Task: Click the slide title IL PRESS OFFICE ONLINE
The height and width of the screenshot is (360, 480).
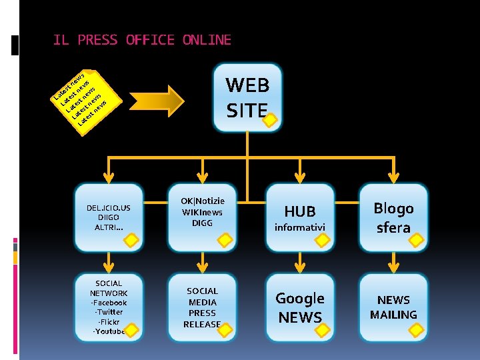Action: tap(142, 40)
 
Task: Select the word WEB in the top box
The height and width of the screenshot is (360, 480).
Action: tap(247, 85)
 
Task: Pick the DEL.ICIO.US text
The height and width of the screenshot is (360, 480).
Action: tap(109, 208)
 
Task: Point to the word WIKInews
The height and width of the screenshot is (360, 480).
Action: tap(202, 212)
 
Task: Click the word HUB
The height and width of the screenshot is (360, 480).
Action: tap(300, 211)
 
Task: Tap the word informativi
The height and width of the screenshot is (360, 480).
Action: tap(300, 228)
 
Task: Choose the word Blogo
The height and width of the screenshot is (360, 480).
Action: tap(393, 208)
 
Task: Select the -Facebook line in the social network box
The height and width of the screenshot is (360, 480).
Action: tap(109, 303)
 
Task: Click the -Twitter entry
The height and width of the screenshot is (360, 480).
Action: tap(109, 312)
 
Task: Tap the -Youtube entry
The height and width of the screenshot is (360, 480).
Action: tap(109, 331)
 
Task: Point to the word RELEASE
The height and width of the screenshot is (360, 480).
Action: tap(202, 324)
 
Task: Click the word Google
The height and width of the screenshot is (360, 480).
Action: tap(300, 298)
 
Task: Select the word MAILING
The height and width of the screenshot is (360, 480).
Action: tap(393, 314)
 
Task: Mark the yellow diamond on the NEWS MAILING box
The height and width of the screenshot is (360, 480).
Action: tap(418, 329)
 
